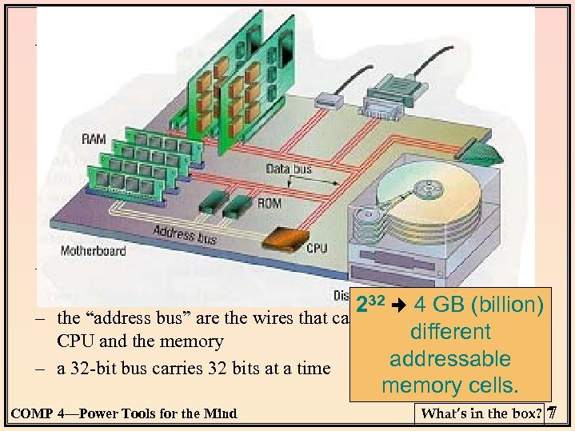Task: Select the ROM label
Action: click(x=270, y=203)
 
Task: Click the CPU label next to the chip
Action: click(x=317, y=249)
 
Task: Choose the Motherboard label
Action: click(x=93, y=250)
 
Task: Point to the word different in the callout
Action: click(x=451, y=332)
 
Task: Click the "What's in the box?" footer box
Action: click(x=484, y=413)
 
